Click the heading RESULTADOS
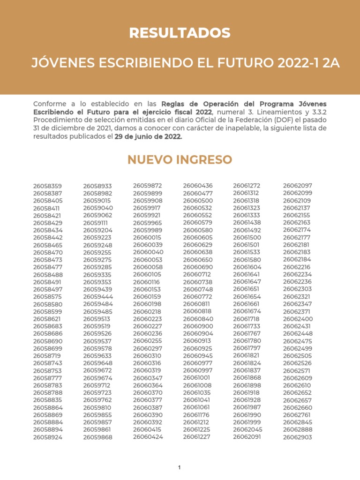180,33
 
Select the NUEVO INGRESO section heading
180,160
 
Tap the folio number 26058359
47,186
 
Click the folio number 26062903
297,437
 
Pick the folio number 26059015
97,201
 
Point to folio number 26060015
148,238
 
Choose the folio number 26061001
197,378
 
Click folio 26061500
247,238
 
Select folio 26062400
297,319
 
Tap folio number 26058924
47,437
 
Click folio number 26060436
197,186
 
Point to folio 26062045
247,429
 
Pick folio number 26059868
97,437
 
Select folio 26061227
196,437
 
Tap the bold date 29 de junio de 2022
148,137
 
